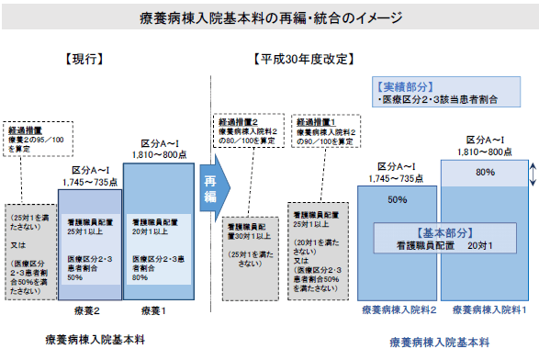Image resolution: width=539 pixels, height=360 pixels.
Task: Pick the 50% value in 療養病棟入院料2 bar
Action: click(x=398, y=197)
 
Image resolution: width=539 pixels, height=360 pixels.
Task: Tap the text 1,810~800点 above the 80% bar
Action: click(x=484, y=150)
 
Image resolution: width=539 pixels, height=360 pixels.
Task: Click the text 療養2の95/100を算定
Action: click(x=37, y=140)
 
